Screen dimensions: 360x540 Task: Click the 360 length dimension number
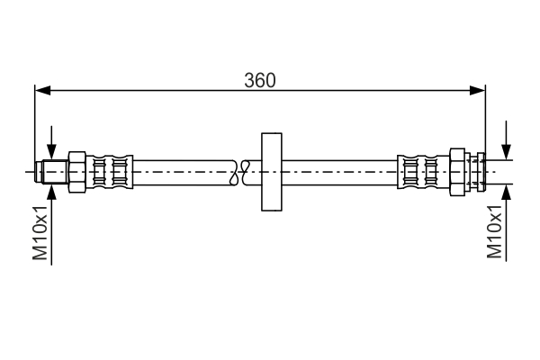coord(260,78)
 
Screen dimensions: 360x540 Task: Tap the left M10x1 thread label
coord(40,232)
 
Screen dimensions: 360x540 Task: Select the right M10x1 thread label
coord(494,232)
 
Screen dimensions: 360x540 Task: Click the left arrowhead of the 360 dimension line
coord(41,90)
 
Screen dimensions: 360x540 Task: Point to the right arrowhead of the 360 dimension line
coord(479,90)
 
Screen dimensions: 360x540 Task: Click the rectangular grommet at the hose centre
coord(271,171)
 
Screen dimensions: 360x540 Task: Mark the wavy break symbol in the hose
coord(238,171)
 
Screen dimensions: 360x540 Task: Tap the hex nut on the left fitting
coord(76,170)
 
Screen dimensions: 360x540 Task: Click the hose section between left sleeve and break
coord(184,170)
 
